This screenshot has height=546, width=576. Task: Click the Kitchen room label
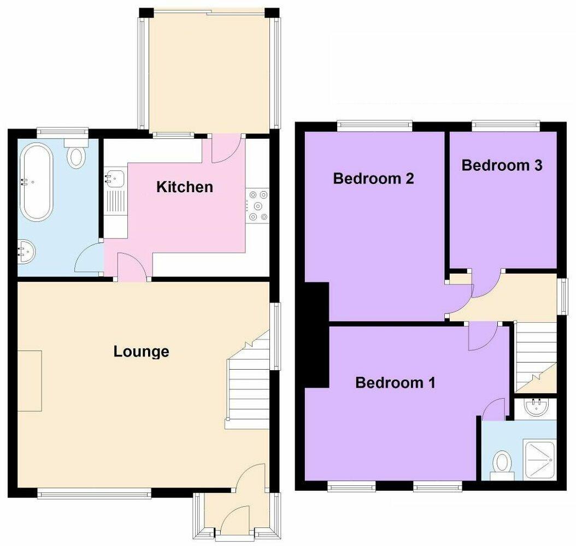pos(184,187)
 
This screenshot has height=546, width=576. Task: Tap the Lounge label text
pos(141,352)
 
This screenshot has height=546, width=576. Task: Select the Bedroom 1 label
pos(395,383)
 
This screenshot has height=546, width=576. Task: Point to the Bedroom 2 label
pos(373,179)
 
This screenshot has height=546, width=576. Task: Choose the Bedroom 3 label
pos(502,165)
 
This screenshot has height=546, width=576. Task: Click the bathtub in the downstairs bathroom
pos(37,181)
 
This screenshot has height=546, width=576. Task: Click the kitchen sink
pos(114,177)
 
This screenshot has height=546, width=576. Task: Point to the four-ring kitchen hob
pos(258,205)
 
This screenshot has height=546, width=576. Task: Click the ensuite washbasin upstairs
pos(536,407)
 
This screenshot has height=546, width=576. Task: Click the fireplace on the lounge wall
pos(30,381)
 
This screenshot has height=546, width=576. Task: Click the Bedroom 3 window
pos(506,125)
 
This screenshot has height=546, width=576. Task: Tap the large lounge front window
pos(94,494)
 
